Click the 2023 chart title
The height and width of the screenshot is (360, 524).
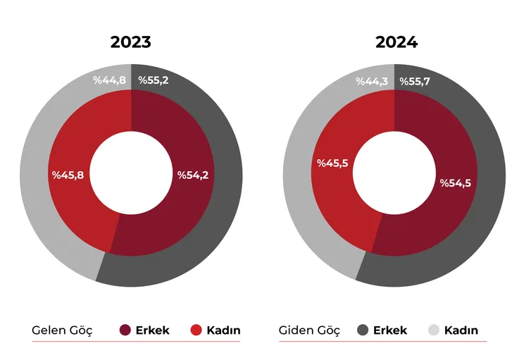pos(131,42)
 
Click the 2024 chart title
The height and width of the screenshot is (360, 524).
pos(397,42)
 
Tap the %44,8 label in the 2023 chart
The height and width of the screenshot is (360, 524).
pos(109,80)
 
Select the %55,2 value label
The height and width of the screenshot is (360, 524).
pos(154,80)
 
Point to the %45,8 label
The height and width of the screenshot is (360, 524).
pos(68,175)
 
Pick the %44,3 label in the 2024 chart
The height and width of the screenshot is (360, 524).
pos(373,82)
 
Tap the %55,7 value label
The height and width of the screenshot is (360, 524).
pos(416,82)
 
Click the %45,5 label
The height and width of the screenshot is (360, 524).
pos(333,163)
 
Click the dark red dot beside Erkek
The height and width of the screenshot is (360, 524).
pos(126,330)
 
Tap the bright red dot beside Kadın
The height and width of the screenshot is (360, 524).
pos(196,330)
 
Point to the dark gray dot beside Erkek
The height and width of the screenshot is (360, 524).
pos(363,330)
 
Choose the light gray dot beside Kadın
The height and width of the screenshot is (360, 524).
pos(434,330)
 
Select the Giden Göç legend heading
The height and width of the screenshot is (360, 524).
pos(310,330)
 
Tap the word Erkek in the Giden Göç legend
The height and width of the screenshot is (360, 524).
pos(390,330)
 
